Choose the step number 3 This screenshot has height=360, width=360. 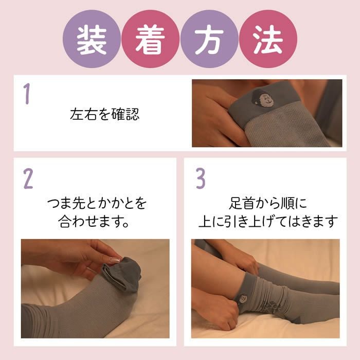click(x=201, y=177)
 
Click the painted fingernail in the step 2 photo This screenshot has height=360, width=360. click(x=114, y=261)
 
